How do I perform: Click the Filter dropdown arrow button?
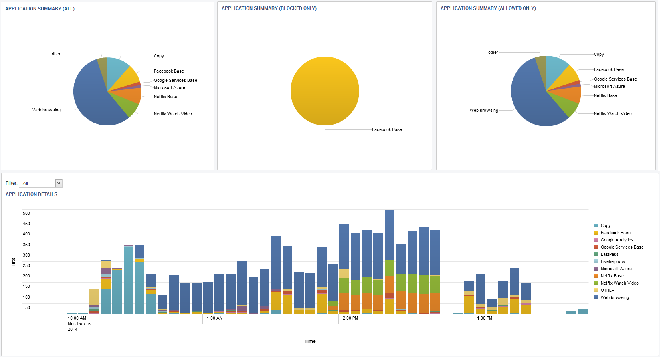pos(59,183)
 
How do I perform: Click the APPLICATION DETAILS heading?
pos(32,194)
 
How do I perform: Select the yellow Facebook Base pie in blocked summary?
pos(325,91)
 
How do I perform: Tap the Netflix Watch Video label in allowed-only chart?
pos(612,114)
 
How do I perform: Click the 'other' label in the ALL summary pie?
pos(55,54)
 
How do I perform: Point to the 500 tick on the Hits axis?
pos(26,213)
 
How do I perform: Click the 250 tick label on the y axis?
pos(26,265)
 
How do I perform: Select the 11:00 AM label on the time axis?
pos(213,318)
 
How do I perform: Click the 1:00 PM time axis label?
pos(484,318)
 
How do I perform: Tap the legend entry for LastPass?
pos(609,255)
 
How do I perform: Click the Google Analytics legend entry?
pos(617,240)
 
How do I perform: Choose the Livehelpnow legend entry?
pos(613,262)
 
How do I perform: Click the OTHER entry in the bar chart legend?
pos(607,291)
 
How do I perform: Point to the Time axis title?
pos(310,341)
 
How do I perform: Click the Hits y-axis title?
pos(13,262)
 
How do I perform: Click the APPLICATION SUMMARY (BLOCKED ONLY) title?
pos(269,8)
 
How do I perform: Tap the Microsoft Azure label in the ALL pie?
pos(169,88)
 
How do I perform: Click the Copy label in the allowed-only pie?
pos(598,55)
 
